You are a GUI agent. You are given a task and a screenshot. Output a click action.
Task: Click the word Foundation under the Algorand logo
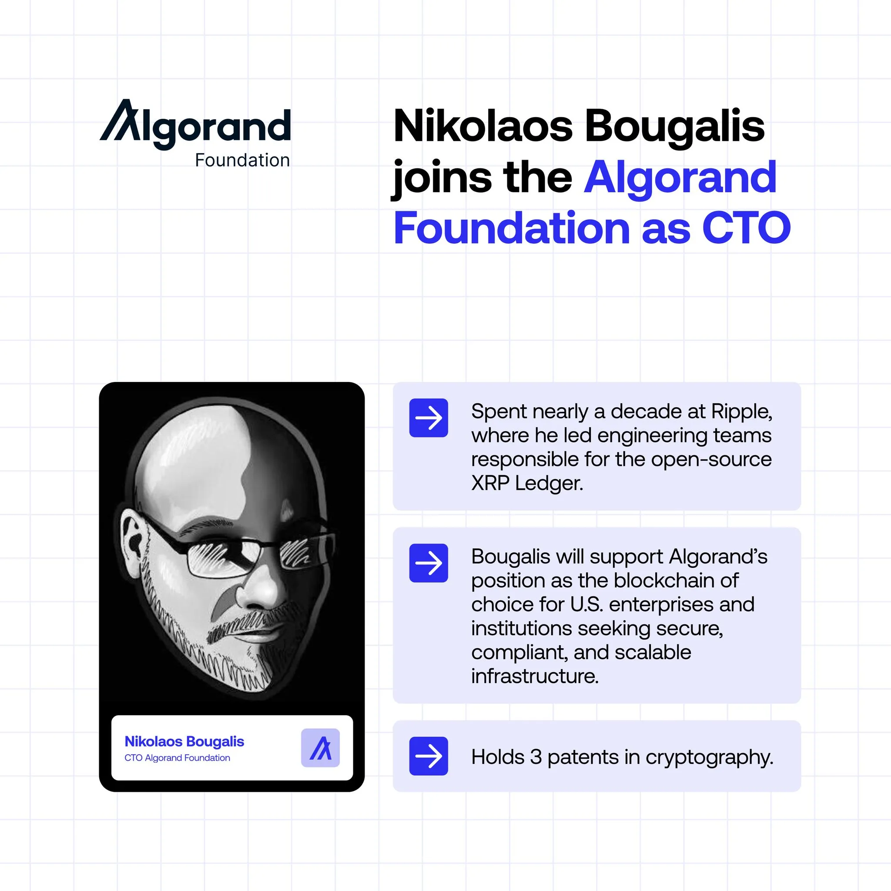[242, 161]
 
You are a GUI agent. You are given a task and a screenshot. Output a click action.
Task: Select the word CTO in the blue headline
[746, 228]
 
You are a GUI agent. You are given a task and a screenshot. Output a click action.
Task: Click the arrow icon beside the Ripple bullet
[429, 418]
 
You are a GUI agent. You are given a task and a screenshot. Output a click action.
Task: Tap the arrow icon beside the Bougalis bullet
[429, 563]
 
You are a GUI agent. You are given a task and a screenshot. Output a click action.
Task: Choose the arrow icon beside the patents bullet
[429, 756]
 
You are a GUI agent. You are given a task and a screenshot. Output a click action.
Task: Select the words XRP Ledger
[527, 483]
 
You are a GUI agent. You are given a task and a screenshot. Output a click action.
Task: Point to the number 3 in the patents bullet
[536, 757]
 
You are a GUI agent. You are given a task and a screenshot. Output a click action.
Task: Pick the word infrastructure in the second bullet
[535, 677]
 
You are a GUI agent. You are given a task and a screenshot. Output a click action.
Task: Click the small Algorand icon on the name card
[321, 748]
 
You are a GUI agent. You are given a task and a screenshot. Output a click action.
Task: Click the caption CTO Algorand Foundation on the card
[177, 758]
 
